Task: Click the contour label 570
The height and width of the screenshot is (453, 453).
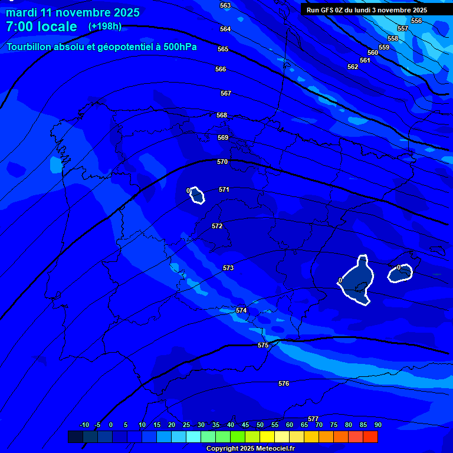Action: pos(222,162)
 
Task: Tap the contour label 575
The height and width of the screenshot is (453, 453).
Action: pos(263,345)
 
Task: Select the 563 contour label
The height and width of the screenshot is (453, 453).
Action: pos(225,5)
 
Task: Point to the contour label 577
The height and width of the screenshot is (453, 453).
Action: pos(313,419)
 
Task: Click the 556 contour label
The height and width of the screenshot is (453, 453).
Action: pos(416,21)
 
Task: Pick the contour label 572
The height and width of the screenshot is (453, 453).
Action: pos(217,226)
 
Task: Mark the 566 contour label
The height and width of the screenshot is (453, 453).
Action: pos(221,69)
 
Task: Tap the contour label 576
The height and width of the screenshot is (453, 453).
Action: pos(284,383)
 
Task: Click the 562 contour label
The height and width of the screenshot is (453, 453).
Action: pos(353,67)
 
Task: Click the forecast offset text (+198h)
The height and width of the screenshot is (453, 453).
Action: pos(104,27)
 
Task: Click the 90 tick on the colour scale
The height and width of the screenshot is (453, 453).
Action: pos(377,425)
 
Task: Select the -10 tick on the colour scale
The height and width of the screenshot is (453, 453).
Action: pos(84,425)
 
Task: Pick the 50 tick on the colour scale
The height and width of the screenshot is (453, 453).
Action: pos(260,425)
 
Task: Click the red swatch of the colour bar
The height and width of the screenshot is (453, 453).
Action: pos(370,436)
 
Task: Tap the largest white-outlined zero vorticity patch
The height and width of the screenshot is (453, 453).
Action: pos(357,279)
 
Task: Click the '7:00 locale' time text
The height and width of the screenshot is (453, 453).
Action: pos(41,27)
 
